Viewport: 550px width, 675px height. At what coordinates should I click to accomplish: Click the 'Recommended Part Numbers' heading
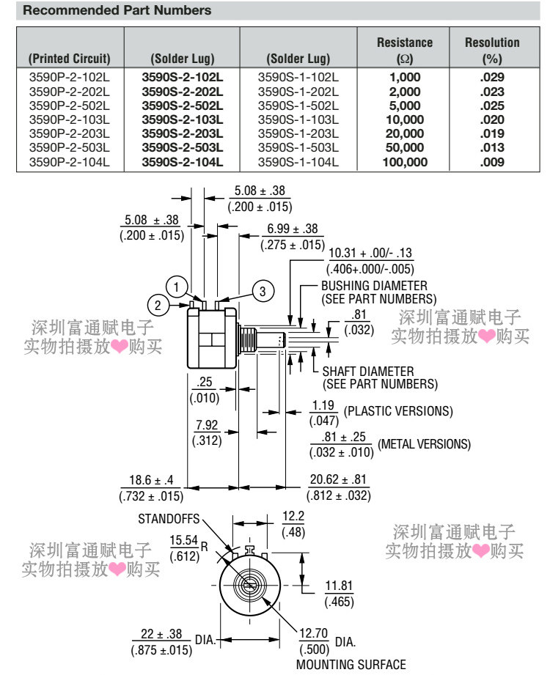117,10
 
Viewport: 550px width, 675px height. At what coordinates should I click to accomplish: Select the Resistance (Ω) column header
405,51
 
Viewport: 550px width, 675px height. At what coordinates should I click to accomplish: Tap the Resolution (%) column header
492,51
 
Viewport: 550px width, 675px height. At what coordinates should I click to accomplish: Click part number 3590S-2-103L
183,119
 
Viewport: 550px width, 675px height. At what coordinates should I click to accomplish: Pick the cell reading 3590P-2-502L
70,106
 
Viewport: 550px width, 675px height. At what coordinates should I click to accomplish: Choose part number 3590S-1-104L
298,162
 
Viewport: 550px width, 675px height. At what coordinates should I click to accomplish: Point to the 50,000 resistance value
405,147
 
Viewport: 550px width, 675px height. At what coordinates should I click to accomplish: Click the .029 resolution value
492,78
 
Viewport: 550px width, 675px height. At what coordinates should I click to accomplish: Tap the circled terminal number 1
176,287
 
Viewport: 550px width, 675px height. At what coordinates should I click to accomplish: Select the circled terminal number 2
158,305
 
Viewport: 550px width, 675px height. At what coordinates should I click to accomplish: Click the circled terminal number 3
263,292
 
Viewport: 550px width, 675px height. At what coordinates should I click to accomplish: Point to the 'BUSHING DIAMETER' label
374,286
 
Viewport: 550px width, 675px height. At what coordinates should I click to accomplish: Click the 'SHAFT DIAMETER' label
368,371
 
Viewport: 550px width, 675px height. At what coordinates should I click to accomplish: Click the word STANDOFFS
169,519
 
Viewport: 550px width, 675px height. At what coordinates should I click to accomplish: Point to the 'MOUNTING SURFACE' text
351,665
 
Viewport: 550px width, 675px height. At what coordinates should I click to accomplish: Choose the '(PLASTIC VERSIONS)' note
398,411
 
